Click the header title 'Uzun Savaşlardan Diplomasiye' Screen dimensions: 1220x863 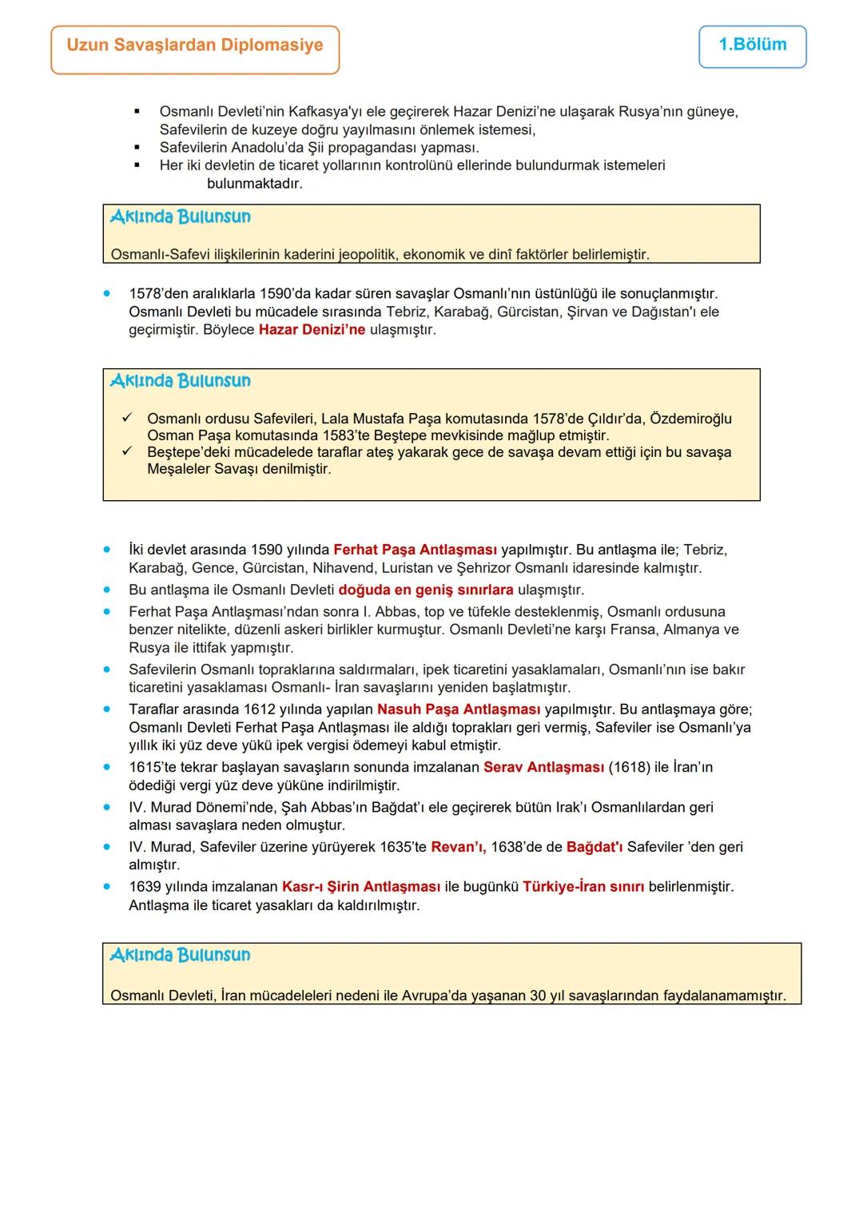pyautogui.click(x=195, y=46)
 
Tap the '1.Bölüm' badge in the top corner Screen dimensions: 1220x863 pyautogui.click(x=752, y=45)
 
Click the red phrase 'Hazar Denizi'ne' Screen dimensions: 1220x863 pyautogui.click(x=312, y=330)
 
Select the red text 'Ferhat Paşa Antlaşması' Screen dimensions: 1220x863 pyautogui.click(x=415, y=550)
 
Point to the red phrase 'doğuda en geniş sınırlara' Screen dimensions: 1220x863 pyautogui.click(x=426, y=590)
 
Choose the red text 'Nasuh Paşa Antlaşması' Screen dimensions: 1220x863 pyautogui.click(x=459, y=709)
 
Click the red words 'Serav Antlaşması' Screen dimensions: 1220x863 pyautogui.click(x=543, y=767)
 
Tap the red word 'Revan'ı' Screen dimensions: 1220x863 pyautogui.click(x=458, y=847)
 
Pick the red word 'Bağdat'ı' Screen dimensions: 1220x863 pyautogui.click(x=595, y=847)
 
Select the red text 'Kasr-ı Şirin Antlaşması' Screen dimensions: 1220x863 pyautogui.click(x=361, y=887)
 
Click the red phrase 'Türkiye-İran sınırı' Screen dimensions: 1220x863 pyautogui.click(x=583, y=887)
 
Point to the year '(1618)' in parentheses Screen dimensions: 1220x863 pyautogui.click(x=629, y=767)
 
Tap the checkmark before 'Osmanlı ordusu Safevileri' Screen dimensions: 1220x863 pyautogui.click(x=126, y=418)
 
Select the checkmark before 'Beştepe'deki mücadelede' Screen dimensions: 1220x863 pyautogui.click(x=126, y=451)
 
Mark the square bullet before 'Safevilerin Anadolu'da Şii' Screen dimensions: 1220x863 pyautogui.click(x=137, y=148)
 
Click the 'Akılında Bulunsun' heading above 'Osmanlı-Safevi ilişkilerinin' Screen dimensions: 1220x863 pyautogui.click(x=181, y=217)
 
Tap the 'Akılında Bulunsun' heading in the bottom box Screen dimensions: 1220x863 pyautogui.click(x=181, y=956)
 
